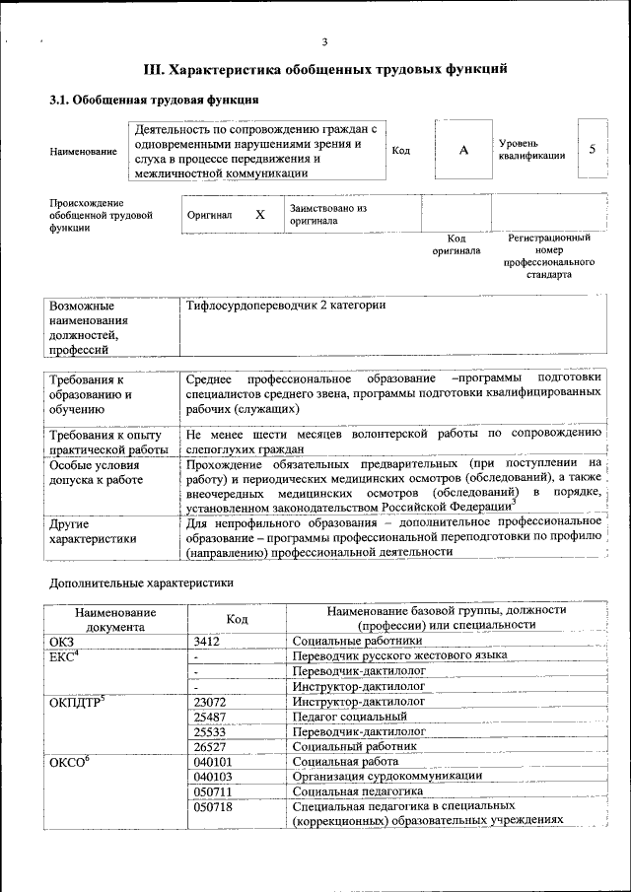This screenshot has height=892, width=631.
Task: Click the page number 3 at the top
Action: (x=324, y=40)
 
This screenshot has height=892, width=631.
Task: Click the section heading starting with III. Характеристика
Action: (x=326, y=70)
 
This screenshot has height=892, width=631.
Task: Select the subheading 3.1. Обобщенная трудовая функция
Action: (x=155, y=101)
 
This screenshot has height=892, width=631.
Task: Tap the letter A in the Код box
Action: (x=463, y=150)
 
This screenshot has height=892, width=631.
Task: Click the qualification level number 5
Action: (x=592, y=149)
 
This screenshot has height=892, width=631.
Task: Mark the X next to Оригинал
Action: (x=260, y=214)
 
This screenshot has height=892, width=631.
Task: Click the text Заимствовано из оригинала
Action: (x=327, y=215)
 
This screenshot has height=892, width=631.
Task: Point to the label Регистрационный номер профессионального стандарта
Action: (x=549, y=256)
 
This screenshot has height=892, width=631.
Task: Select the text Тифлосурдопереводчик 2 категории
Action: (x=286, y=306)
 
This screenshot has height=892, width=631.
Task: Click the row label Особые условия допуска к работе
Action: (x=97, y=472)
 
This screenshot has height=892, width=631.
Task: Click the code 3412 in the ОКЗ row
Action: (x=210, y=642)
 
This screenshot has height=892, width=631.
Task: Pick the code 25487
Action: (x=211, y=717)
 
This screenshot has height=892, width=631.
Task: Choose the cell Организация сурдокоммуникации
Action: (x=373, y=776)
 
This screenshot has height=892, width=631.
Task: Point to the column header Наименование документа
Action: (x=114, y=618)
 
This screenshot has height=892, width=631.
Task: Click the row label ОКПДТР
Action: (x=77, y=702)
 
